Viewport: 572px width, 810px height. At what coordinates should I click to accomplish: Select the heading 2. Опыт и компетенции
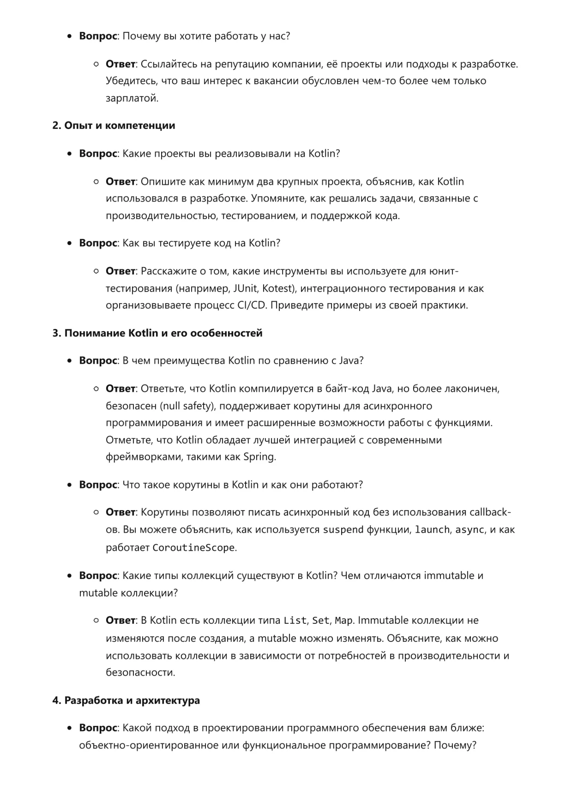point(114,126)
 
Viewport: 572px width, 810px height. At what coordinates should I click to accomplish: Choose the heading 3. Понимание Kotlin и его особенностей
point(157,333)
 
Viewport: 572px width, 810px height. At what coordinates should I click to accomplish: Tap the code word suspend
point(343,530)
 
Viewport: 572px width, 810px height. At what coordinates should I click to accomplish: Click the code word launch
point(432,530)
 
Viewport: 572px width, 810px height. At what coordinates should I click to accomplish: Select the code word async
point(469,530)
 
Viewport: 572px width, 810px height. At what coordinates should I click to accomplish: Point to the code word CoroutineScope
point(193,548)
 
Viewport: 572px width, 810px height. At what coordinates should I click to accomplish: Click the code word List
point(295,621)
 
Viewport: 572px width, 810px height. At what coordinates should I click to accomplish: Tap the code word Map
point(343,621)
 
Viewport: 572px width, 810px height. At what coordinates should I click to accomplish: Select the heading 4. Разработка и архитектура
point(126,700)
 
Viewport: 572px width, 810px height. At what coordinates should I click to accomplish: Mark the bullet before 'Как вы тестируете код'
point(70,243)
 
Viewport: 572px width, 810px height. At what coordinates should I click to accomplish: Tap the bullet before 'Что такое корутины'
point(70,485)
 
